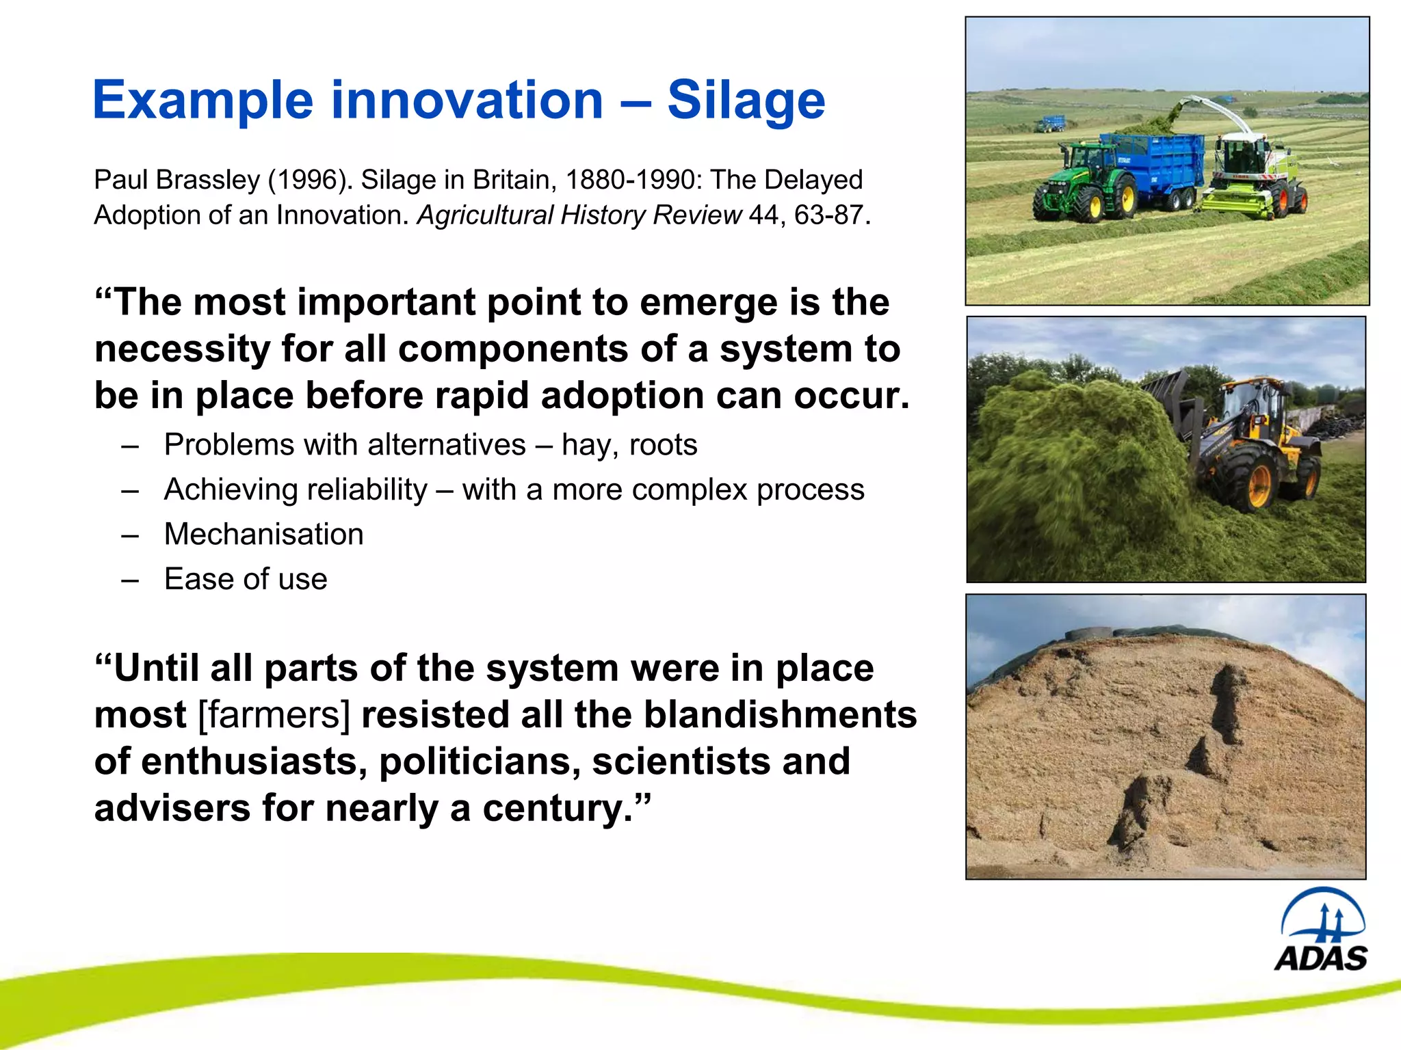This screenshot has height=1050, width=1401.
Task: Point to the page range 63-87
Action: pyautogui.click(x=828, y=216)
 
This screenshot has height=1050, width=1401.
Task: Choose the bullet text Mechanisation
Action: pyautogui.click(x=263, y=535)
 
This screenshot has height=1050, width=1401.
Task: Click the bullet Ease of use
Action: pyautogui.click(x=246, y=580)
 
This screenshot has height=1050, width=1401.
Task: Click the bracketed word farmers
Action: pyautogui.click(x=274, y=715)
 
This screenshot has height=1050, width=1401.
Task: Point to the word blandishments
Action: pyautogui.click(x=780, y=715)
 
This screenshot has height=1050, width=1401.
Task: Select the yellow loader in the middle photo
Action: pyautogui.click(x=1259, y=444)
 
